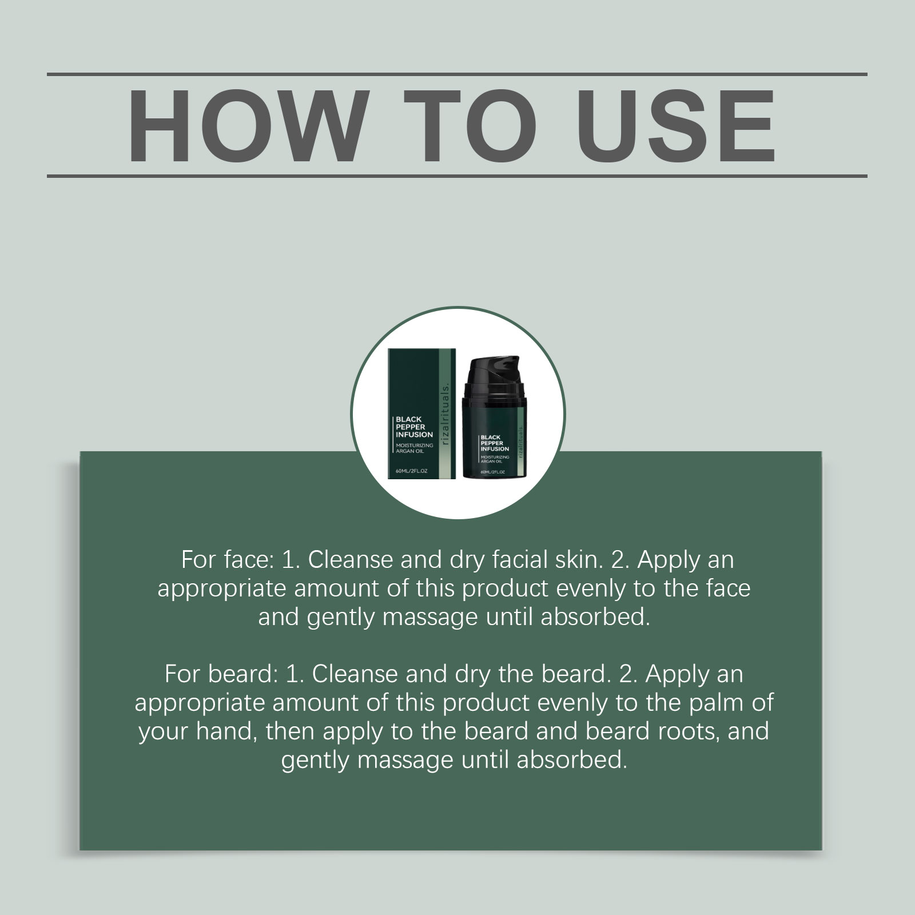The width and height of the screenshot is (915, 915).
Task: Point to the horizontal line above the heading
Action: [x=457, y=74]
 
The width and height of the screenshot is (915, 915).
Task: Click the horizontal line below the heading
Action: [x=457, y=176]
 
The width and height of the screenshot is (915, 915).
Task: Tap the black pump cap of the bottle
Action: [x=494, y=374]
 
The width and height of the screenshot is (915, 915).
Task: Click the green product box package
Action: [x=422, y=413]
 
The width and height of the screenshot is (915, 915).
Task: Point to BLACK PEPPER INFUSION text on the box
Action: [x=414, y=427]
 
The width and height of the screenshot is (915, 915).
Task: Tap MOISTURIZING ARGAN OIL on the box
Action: [x=415, y=448]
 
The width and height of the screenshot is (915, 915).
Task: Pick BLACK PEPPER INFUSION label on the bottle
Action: [x=495, y=443]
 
